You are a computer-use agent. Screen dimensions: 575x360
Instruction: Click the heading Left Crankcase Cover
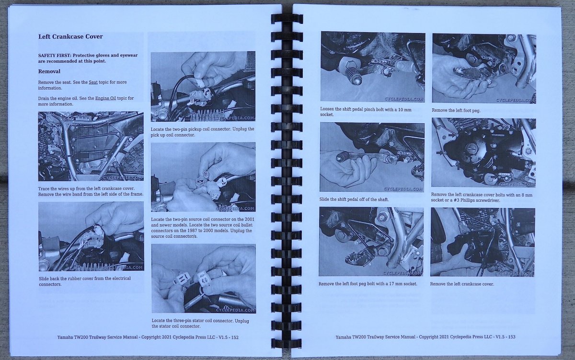[70, 36]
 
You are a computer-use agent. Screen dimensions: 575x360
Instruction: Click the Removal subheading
[49, 71]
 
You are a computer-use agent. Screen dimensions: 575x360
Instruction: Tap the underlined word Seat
[93, 82]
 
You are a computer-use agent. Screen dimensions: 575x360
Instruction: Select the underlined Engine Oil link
[105, 98]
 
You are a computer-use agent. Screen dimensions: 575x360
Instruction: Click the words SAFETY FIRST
[54, 55]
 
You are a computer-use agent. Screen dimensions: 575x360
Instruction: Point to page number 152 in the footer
[235, 337]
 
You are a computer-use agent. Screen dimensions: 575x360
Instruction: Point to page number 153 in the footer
[512, 337]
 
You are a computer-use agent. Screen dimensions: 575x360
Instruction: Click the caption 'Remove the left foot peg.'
[456, 110]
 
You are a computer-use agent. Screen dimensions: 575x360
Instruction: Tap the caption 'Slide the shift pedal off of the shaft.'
[354, 199]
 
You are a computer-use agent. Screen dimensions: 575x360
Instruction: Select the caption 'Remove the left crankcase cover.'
[462, 284]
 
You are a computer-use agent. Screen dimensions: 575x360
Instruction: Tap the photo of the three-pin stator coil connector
[204, 279]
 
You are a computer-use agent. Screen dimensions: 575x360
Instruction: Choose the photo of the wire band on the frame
[91, 146]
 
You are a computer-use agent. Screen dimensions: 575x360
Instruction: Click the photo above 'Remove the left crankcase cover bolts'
[483, 152]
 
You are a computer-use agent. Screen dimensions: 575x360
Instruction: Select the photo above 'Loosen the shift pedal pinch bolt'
[373, 67]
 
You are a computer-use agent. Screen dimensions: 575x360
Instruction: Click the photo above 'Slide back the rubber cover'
[92, 236]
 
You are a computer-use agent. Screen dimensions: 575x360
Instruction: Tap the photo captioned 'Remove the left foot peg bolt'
[371, 242]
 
